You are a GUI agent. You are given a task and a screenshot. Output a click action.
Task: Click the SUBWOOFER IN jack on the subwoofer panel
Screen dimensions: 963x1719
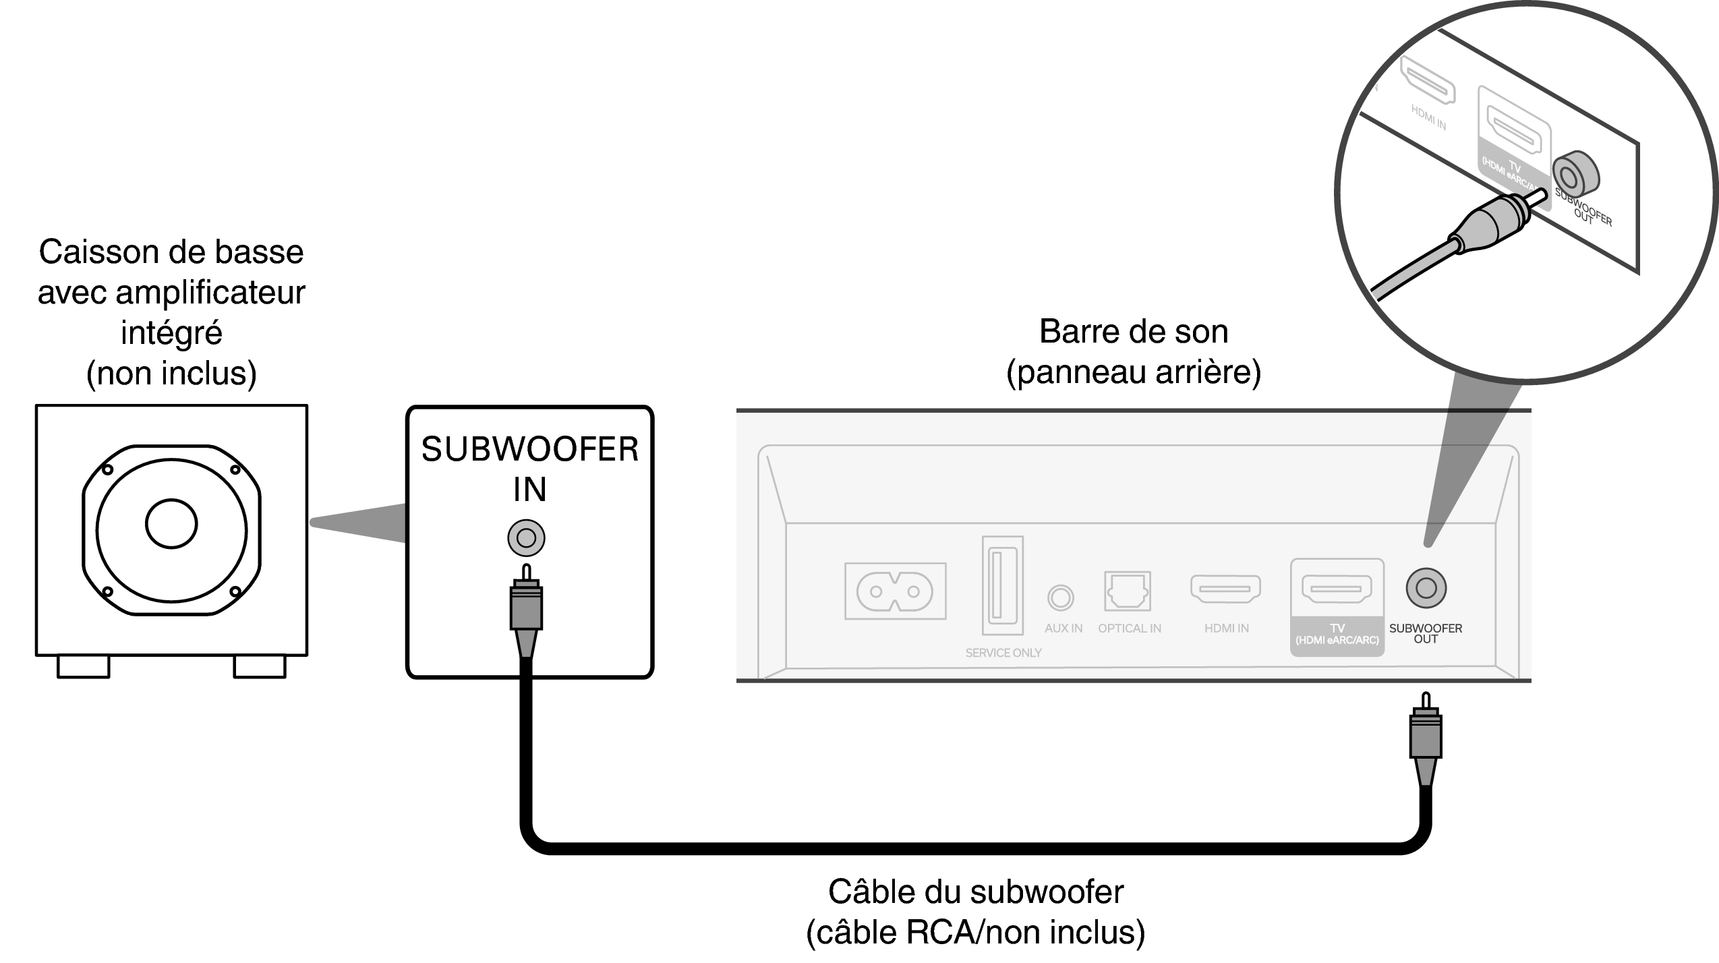pos(526,538)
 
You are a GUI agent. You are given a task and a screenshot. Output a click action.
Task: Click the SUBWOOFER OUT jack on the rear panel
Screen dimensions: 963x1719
pos(1426,588)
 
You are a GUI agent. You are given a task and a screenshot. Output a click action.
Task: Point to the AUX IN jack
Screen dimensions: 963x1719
pos(1060,597)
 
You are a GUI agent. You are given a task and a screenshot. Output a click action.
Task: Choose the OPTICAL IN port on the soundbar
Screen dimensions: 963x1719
pos(1128,591)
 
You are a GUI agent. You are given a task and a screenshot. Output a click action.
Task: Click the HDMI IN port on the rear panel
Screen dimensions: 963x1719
pos(1225,589)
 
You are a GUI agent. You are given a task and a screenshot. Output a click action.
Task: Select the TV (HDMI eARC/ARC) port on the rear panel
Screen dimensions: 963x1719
pos(1336,589)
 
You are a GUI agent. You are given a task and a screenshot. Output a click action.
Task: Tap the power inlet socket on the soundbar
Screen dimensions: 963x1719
pos(895,591)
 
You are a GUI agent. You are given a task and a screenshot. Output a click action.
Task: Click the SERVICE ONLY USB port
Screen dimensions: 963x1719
pos(1002,585)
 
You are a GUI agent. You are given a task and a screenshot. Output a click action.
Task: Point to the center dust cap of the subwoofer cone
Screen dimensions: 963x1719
pos(171,524)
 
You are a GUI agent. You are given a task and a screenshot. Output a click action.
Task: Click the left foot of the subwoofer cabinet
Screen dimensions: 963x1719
pos(84,666)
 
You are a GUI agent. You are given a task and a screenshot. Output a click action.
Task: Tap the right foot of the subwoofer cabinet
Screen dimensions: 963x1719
pos(260,666)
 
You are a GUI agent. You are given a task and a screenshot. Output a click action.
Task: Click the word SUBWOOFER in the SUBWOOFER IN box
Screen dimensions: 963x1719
pos(529,450)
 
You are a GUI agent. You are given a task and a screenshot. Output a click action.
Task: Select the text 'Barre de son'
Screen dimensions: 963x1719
pos(1134,332)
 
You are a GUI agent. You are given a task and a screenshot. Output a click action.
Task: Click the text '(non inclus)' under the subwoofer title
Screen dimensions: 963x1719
pos(171,373)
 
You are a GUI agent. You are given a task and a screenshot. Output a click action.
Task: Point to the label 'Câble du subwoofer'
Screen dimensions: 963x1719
pos(975,892)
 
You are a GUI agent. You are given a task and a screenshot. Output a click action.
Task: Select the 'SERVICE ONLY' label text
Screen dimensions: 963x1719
pos(1003,653)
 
